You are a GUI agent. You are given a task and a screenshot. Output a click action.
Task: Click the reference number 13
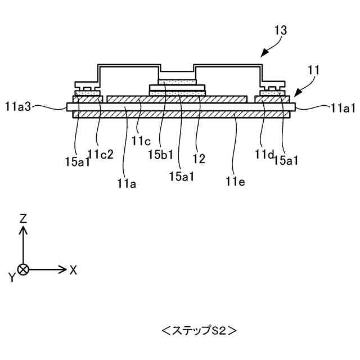pyautogui.click(x=281, y=31)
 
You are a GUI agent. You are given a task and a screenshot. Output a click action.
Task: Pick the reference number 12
pyautogui.click(x=199, y=159)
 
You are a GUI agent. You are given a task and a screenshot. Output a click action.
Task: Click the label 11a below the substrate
pyautogui.click(x=127, y=182)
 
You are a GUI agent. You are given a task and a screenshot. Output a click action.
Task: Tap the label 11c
pyautogui.click(x=141, y=141)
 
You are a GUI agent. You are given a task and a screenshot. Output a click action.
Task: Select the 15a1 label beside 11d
pyautogui.click(x=286, y=160)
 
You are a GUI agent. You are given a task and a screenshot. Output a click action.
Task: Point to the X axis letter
pyautogui.click(x=73, y=269)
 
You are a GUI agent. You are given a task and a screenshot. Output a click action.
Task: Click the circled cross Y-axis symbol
pyautogui.click(x=23, y=269)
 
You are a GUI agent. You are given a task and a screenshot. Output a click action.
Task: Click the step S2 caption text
pyautogui.click(x=199, y=331)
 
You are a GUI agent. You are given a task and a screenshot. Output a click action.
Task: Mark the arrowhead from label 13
pyautogui.click(x=263, y=55)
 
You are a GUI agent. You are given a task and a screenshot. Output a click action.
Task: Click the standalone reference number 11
pyautogui.click(x=314, y=70)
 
